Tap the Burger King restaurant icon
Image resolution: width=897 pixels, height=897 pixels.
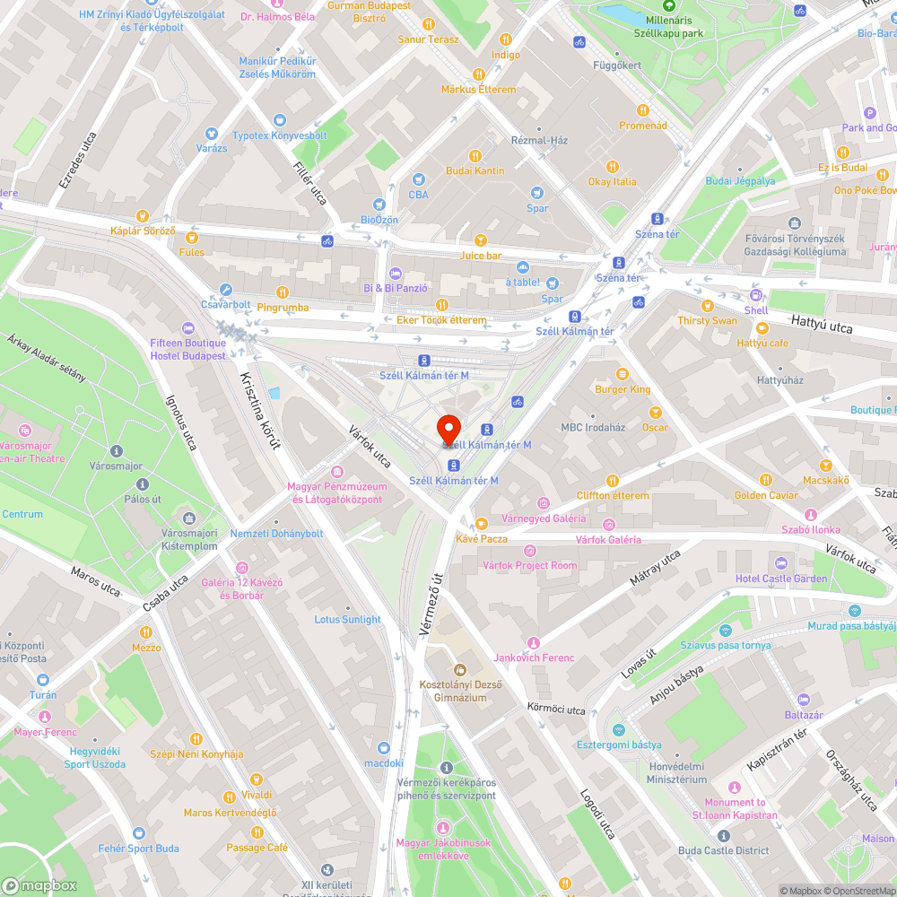(x=623, y=373)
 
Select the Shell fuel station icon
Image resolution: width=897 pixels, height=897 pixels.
(x=755, y=295)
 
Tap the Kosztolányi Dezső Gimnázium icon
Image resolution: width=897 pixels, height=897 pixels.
(x=460, y=669)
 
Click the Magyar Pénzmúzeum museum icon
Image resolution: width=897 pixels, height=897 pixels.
(x=337, y=472)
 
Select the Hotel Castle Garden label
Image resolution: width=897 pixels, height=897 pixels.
(x=780, y=579)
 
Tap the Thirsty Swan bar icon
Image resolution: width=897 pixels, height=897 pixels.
(x=707, y=306)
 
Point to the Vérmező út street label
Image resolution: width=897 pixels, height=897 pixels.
(x=432, y=605)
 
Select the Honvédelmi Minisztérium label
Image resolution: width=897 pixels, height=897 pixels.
(x=677, y=773)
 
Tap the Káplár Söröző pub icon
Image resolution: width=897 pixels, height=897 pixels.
(x=142, y=215)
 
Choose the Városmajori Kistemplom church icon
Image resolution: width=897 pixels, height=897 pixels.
(x=189, y=518)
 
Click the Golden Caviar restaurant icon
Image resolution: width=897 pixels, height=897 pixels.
(x=765, y=480)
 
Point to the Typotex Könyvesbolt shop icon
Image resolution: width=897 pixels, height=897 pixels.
(x=279, y=120)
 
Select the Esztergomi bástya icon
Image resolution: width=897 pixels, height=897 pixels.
(x=618, y=730)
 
